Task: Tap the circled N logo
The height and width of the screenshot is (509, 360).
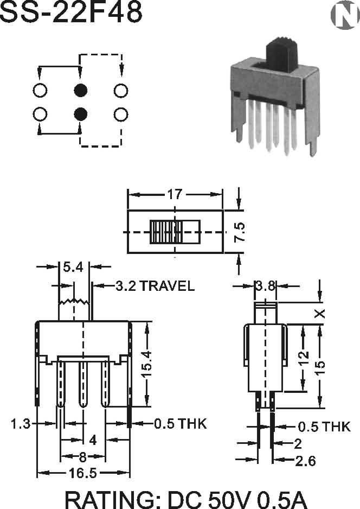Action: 345,15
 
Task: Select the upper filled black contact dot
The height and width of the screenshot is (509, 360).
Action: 81,90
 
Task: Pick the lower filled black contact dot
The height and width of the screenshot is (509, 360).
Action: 81,114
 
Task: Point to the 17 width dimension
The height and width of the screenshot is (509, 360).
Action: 175,194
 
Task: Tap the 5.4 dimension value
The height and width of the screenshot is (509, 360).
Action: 73,267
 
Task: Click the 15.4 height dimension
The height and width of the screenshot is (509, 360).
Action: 146,364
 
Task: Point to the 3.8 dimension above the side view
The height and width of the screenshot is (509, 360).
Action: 266,287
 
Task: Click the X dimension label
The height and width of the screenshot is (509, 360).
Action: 320,313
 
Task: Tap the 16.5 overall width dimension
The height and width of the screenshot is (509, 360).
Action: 83,473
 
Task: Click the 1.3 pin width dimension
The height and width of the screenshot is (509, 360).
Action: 21,423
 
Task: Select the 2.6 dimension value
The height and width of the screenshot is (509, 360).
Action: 305,461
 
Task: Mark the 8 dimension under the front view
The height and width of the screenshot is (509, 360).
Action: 83,457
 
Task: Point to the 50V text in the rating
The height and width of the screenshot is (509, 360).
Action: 229,499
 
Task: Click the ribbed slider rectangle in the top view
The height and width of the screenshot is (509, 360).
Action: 175,232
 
